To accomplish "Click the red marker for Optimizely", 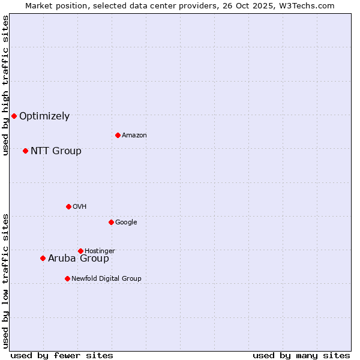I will pyautogui.click(x=14, y=116).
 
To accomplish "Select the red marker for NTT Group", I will pyautogui.click(x=25, y=151).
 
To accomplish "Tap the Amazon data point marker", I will pyautogui.click(x=118, y=135).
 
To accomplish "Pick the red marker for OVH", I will pyautogui.click(x=68, y=206).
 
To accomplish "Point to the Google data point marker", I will pyautogui.click(x=111, y=222).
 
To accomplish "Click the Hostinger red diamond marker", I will pyautogui.click(x=80, y=251).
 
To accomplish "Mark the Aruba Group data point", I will pyautogui.click(x=43, y=258).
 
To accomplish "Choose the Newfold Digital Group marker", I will pyautogui.click(x=67, y=278).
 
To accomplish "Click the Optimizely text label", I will pyautogui.click(x=44, y=116).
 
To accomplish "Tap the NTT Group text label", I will pyautogui.click(x=56, y=151).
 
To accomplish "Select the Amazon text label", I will pyautogui.click(x=134, y=136).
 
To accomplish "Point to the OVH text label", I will pyautogui.click(x=80, y=207).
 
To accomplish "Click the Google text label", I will pyautogui.click(x=126, y=223).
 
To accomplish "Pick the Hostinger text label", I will pyautogui.click(x=100, y=251).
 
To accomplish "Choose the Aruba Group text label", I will pyautogui.click(x=79, y=259).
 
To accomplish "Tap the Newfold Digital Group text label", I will pyautogui.click(x=106, y=279).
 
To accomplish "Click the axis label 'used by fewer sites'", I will pyautogui.click(x=62, y=355).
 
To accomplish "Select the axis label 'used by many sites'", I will pyautogui.click(x=301, y=355).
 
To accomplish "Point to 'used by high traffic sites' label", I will pyautogui.click(x=5, y=85).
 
